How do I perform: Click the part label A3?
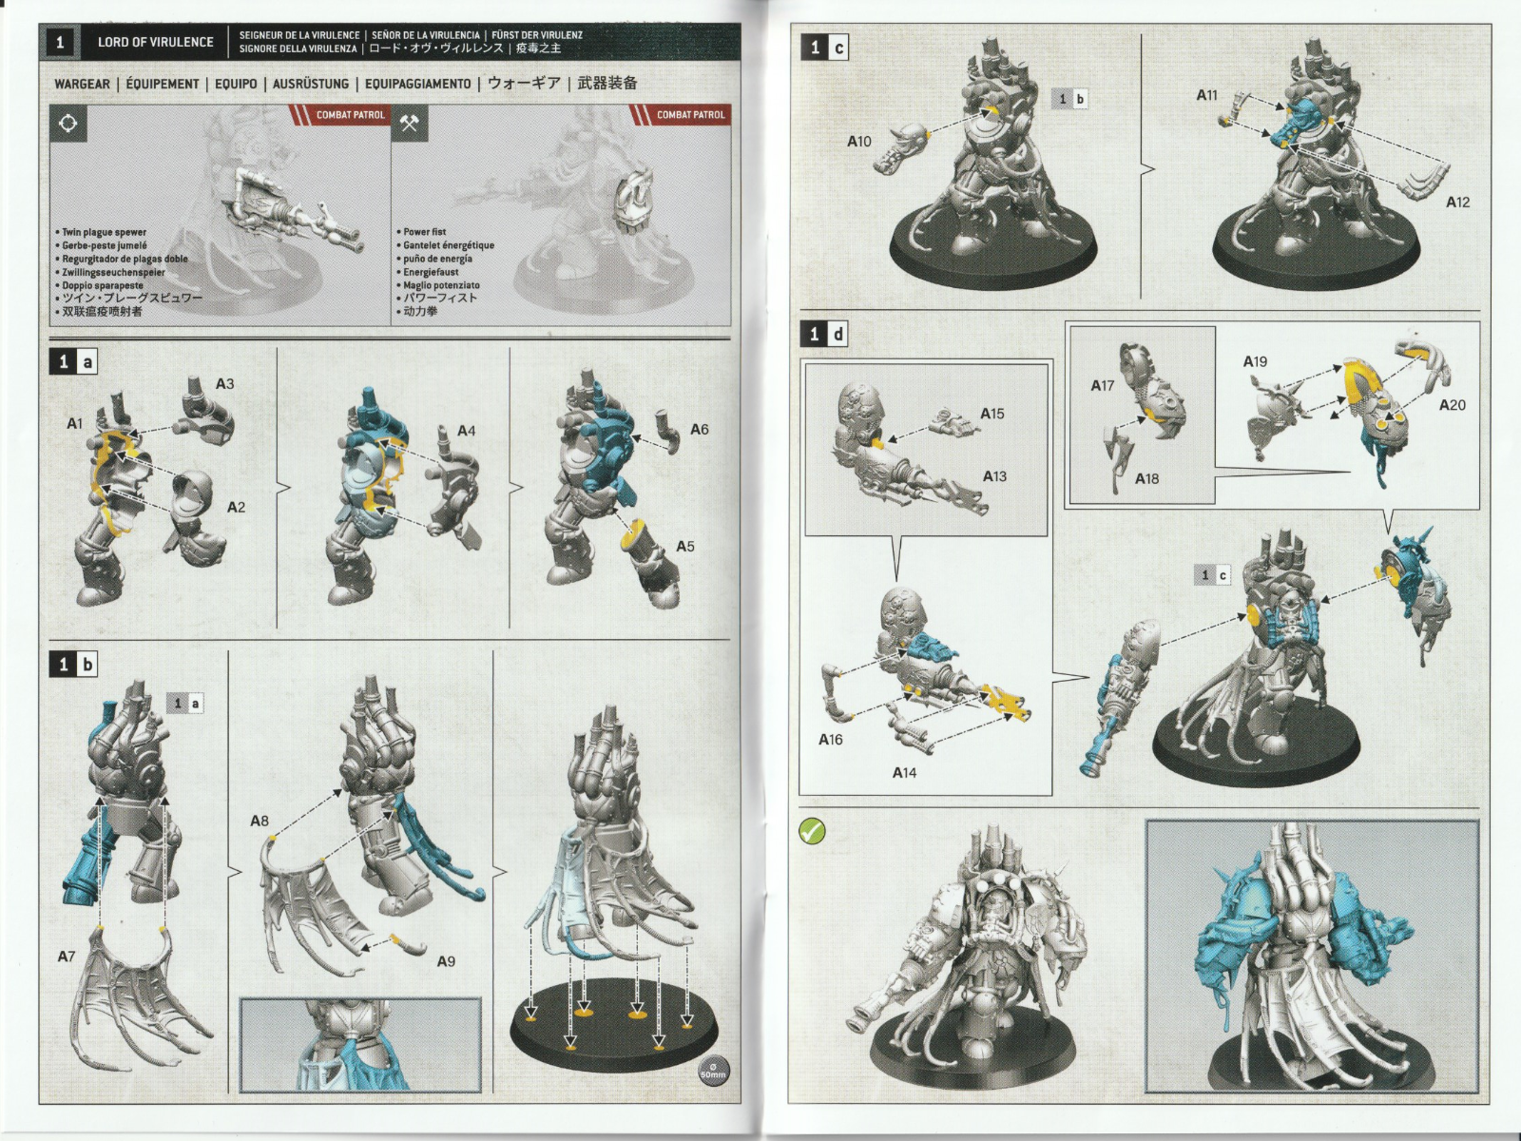tap(224, 384)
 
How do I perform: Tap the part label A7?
tap(66, 957)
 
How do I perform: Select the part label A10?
tap(858, 142)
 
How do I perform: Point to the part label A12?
tap(1457, 202)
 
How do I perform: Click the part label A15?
tap(992, 414)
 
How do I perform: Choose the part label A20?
tap(1452, 405)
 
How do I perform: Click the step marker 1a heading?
tap(75, 361)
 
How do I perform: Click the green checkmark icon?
tap(812, 831)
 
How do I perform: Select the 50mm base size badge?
tap(712, 1071)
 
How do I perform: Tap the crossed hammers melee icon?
tap(409, 124)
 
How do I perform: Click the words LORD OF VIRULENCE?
tap(155, 42)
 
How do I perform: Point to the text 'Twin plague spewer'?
tap(104, 232)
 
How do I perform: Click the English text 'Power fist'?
tap(424, 232)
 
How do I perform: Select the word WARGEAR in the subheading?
tap(82, 84)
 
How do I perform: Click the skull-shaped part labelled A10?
tap(899, 147)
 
